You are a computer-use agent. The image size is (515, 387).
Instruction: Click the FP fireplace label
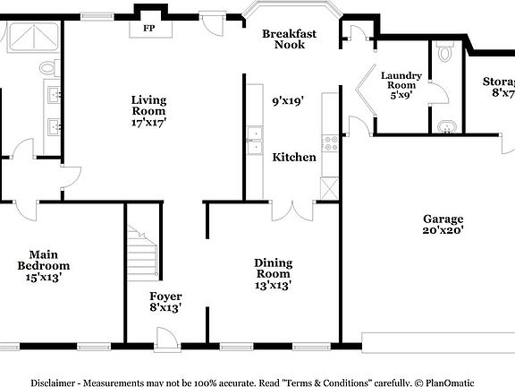pos(148,28)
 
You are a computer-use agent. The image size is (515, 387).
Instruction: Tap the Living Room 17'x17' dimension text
pos(148,123)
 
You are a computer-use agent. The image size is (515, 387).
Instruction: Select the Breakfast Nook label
pos(290,39)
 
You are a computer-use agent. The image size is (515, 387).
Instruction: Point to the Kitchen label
pos(294,157)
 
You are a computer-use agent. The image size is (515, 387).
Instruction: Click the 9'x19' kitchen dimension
pos(288,100)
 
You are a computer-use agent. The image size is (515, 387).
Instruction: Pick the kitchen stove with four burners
pos(330,143)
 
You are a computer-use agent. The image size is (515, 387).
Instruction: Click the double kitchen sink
pos(255,141)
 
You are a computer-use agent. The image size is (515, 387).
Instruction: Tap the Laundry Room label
pos(401,80)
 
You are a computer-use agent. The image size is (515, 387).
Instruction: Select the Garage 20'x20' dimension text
pos(443,229)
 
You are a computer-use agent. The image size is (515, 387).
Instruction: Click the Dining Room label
pos(274,268)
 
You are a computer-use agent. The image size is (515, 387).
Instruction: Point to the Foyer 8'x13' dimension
pos(165,307)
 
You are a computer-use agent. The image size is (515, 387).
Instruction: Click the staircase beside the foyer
pos(143,253)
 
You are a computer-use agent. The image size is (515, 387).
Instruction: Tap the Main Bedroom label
pos(44,260)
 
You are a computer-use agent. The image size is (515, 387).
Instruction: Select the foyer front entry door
pos(167,339)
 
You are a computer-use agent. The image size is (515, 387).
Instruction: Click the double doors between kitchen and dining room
pos(292,211)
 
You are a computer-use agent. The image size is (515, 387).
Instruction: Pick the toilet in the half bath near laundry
pos(445,51)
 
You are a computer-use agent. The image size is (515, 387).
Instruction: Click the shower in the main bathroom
pos(33,37)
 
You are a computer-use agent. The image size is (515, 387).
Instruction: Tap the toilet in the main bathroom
pos(49,68)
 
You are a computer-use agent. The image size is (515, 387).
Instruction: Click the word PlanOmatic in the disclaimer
pos(450,383)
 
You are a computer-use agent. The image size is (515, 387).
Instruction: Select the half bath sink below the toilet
pos(447,126)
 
